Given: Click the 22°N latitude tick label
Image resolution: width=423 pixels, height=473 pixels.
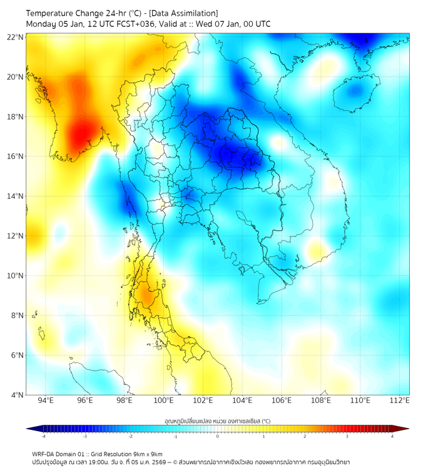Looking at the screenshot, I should coord(16,37).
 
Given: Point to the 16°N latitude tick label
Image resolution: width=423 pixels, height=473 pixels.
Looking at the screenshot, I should coord(16,156).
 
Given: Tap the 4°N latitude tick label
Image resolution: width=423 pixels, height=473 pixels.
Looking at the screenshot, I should coord(17,395).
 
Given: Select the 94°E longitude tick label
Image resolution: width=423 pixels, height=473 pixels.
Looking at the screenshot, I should coord(46,400).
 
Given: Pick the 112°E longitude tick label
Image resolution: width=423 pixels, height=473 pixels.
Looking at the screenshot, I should coord(399,400).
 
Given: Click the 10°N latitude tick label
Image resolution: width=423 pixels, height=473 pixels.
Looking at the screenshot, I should coord(16,276).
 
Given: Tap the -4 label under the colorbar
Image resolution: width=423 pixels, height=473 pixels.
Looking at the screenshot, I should coord(43,436).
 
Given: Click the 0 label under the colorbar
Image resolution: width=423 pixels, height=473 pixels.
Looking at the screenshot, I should coord(218,436).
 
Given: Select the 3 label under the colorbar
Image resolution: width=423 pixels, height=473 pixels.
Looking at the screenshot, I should coord(347,436).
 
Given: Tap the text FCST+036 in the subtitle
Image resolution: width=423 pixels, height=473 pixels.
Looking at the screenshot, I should coord(132,24).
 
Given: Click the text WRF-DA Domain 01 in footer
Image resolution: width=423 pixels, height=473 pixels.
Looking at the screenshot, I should coord(59,454).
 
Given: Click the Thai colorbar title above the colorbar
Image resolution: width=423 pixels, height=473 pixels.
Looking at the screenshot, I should coord(217,420).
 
